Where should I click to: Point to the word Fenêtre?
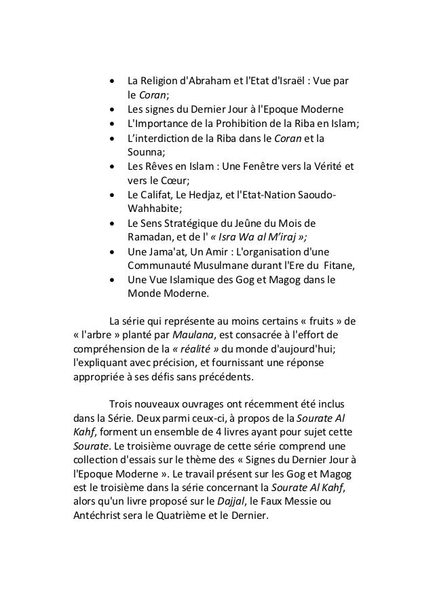pos(267,167)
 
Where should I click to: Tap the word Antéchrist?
pos(102,516)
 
